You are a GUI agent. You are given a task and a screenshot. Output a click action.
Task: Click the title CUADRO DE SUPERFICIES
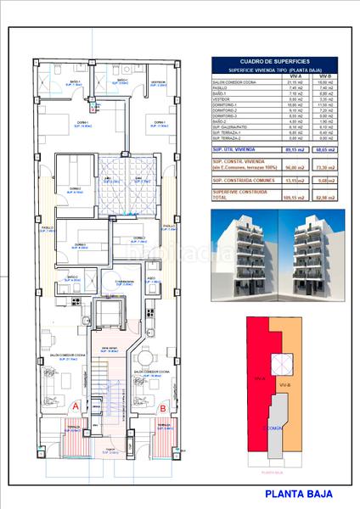click(x=273, y=61)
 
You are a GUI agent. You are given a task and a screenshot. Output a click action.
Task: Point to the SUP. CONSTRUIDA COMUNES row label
click(x=241, y=180)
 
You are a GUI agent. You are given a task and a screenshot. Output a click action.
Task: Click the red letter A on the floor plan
click(x=76, y=406)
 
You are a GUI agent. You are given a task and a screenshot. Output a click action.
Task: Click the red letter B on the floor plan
click(x=162, y=407)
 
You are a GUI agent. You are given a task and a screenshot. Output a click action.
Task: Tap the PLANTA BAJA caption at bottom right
click(x=299, y=493)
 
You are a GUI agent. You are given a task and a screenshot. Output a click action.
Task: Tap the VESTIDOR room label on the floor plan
click(x=157, y=83)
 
